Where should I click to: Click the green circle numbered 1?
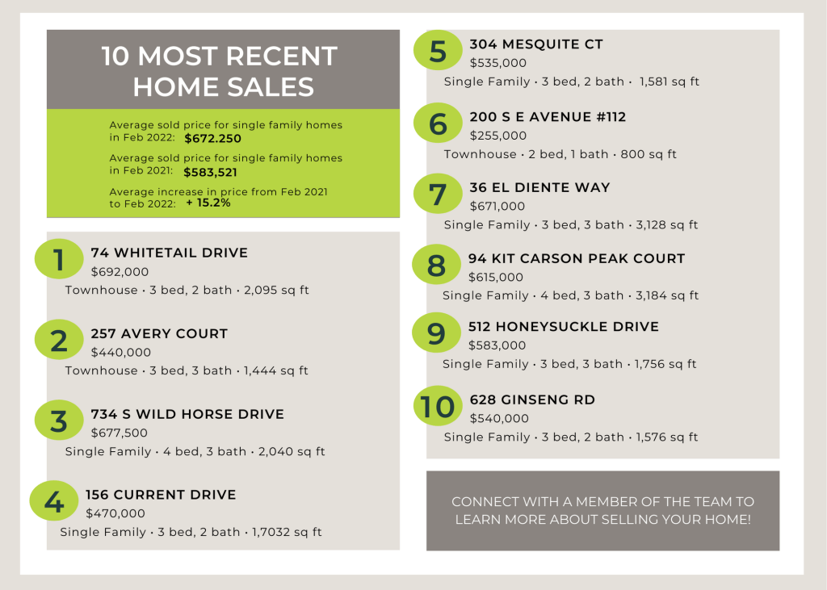[59, 261]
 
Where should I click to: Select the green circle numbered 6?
[438, 124]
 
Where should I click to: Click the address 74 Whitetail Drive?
[170, 253]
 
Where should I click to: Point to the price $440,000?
[121, 352]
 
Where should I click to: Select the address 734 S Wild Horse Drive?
[187, 414]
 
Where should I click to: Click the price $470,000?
[115, 513]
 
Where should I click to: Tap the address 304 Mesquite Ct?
[536, 44]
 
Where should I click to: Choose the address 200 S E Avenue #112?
[548, 117]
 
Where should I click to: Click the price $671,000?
[497, 206]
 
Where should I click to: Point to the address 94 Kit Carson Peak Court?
[577, 259]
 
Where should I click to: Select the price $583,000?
[497, 345]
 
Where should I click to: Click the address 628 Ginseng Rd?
[532, 400]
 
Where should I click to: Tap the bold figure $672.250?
[212, 139]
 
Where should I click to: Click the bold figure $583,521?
[210, 172]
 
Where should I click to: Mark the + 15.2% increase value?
[208, 203]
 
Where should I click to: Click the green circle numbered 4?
[54, 502]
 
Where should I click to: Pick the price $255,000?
[497, 136]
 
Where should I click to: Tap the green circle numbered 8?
[436, 266]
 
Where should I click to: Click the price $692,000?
[120, 272]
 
